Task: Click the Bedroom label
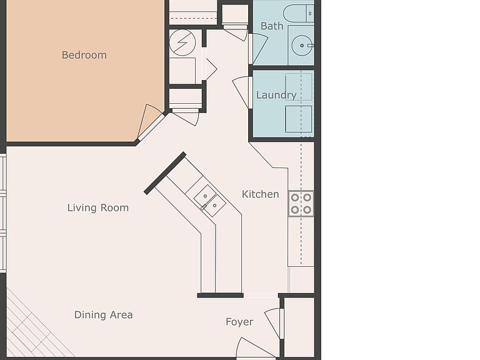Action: pyautogui.click(x=84, y=55)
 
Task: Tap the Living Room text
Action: pyautogui.click(x=98, y=208)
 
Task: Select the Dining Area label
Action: pyautogui.click(x=104, y=315)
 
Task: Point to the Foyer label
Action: pyautogui.click(x=239, y=322)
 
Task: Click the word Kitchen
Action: pyautogui.click(x=260, y=194)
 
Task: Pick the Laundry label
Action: pyautogui.click(x=276, y=95)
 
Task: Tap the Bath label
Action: pyautogui.click(x=272, y=26)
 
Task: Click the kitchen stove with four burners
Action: pyautogui.click(x=301, y=204)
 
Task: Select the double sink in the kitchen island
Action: pyautogui.click(x=210, y=201)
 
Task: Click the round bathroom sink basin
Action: pyautogui.click(x=302, y=45)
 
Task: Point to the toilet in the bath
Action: pyautogui.click(x=298, y=14)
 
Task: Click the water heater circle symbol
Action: pyautogui.click(x=182, y=42)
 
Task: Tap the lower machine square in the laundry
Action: pyautogui.click(x=299, y=119)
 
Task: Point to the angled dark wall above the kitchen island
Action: pyautogui.click(x=165, y=173)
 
